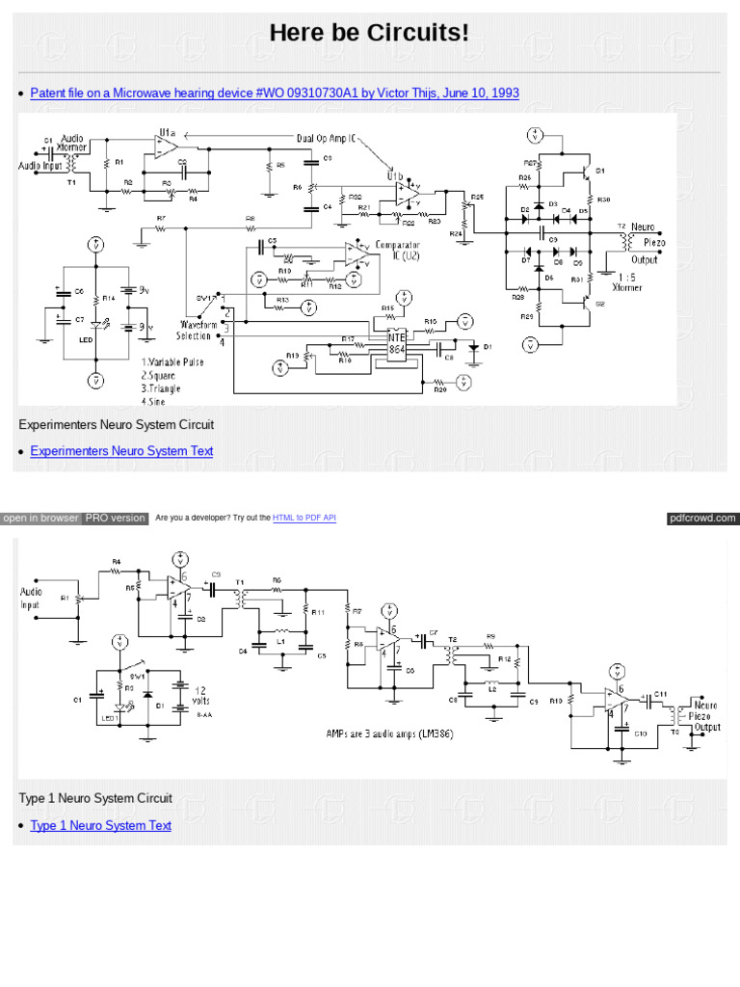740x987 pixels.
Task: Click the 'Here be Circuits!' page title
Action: pos(369,33)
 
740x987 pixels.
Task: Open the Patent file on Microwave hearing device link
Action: pos(275,93)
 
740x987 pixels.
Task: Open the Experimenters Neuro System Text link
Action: pos(121,451)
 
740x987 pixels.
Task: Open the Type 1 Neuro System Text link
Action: pos(100,825)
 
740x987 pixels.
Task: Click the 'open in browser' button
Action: pos(40,519)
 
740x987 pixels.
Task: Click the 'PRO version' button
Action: pos(116,519)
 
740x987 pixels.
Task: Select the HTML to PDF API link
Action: pos(304,519)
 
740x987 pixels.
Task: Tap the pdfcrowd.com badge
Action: pos(702,519)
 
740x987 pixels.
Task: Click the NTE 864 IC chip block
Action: pos(396,343)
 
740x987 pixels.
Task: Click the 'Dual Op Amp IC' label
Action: pos(326,138)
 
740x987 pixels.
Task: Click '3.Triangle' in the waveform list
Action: pos(160,388)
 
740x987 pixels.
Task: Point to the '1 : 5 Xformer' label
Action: pos(626,280)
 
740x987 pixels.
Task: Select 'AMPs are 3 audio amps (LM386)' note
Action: pos(389,734)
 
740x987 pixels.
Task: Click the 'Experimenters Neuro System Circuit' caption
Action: pos(116,424)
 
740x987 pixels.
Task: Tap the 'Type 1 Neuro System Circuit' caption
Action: pos(95,798)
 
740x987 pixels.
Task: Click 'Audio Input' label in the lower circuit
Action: pos(31,598)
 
